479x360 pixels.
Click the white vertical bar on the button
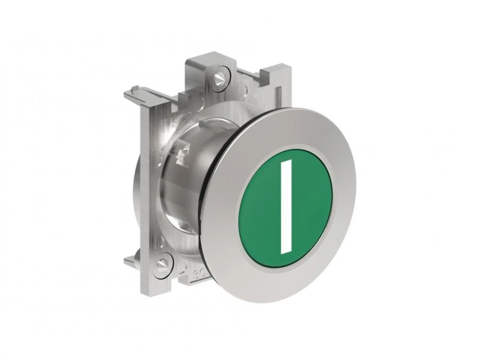[x=286, y=207]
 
